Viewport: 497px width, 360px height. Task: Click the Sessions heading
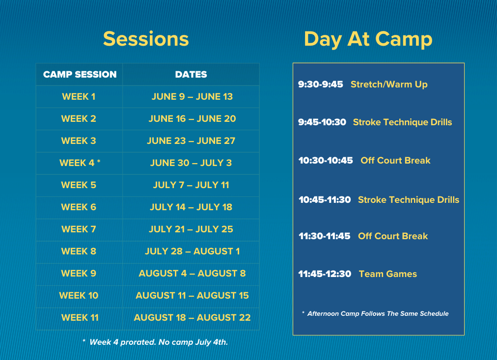point(146,39)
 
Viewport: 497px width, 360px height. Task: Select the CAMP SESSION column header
point(80,75)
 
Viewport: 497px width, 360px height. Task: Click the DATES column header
point(191,75)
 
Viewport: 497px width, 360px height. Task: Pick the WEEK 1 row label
point(79,97)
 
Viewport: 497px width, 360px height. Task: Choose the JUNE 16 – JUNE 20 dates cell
point(192,119)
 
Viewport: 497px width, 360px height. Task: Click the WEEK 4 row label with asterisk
point(80,163)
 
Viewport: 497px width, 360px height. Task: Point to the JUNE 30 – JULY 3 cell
point(191,163)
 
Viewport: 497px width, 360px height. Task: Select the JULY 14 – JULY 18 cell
point(191,207)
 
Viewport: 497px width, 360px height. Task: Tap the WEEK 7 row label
point(79,229)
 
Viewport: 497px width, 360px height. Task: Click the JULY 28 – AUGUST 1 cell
point(192,251)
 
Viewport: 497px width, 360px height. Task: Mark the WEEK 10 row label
point(79,296)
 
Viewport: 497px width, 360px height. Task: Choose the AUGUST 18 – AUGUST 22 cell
point(192,318)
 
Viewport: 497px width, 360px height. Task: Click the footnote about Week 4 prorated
point(155,342)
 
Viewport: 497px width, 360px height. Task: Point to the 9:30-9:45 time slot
point(321,84)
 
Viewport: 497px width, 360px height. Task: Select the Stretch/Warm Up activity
point(389,84)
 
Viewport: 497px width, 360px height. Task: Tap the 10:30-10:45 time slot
point(326,160)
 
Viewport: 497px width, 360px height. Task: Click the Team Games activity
point(387,274)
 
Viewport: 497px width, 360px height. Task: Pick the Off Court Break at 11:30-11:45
point(393,236)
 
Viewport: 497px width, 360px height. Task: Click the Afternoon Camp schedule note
point(375,314)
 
